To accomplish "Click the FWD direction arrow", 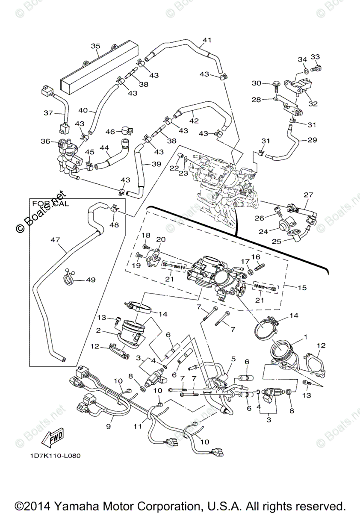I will point(53,436).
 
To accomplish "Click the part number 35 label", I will point(95,46).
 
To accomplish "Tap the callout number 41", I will point(207,41).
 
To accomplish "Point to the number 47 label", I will point(55,240).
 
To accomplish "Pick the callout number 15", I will point(302,288).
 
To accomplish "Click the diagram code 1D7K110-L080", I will point(55,455).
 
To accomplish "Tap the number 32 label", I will point(313,103).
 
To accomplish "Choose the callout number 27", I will point(309,195).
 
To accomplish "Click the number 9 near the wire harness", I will point(109,426).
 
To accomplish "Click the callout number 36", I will point(45,142).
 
